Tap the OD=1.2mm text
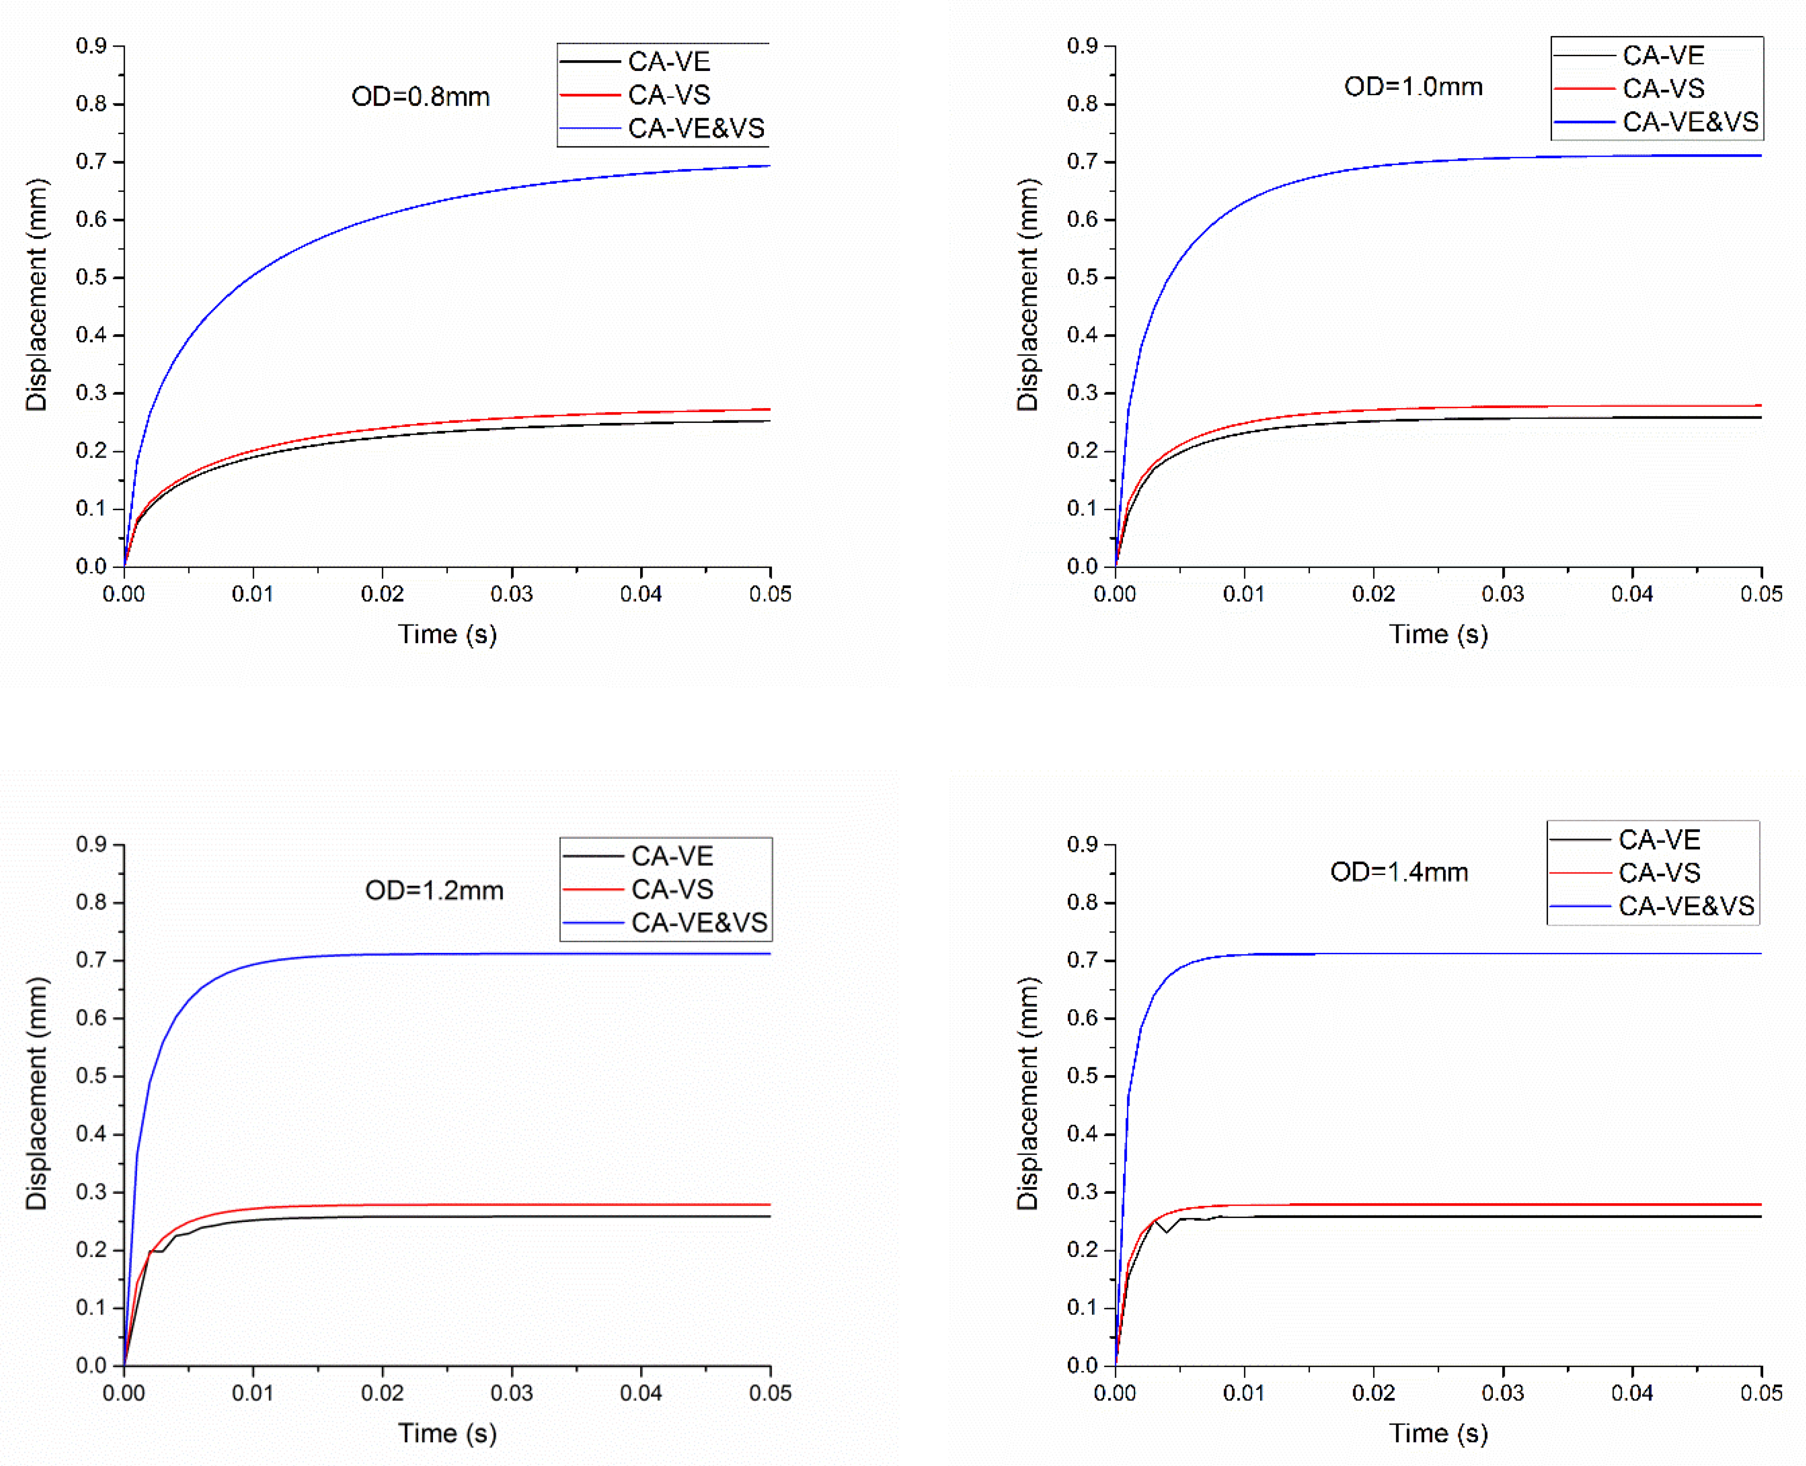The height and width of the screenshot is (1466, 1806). click(x=433, y=890)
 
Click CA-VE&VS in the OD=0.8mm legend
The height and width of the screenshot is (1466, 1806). click(x=695, y=128)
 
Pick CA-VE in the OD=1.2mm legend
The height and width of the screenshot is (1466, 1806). click(x=672, y=856)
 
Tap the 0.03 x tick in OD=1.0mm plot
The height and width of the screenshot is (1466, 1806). click(x=1502, y=593)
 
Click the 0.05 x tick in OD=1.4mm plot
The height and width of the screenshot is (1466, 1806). click(x=1761, y=1393)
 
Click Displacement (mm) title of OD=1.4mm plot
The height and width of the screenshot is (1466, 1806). click(x=1027, y=1094)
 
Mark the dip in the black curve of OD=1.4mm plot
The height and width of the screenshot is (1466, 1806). click(x=1166, y=1232)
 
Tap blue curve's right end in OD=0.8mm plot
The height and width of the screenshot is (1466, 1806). click(x=769, y=166)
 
